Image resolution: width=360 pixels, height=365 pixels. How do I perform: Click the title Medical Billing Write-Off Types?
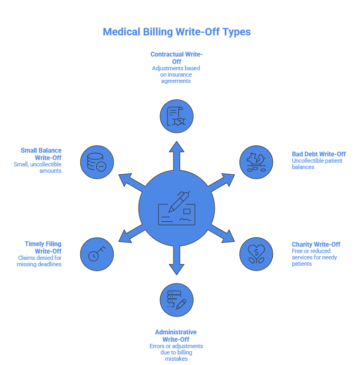(177, 32)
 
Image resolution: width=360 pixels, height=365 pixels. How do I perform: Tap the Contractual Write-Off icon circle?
(177, 116)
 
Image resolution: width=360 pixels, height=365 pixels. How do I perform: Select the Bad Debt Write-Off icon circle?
(256, 162)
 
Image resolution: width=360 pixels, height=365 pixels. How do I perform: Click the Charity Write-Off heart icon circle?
(256, 254)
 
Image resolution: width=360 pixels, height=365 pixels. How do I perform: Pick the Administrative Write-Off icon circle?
(177, 300)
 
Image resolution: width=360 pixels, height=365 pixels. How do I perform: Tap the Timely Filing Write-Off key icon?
(97, 254)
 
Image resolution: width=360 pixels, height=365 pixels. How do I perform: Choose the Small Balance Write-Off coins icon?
(97, 162)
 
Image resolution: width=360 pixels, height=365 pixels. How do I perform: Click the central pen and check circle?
(177, 208)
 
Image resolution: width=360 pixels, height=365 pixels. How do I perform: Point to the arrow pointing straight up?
(177, 155)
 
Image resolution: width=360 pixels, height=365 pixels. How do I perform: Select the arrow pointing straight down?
(177, 261)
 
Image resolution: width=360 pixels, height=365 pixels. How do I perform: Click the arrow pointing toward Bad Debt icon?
(221, 182)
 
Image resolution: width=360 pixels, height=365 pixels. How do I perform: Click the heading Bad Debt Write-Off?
(319, 154)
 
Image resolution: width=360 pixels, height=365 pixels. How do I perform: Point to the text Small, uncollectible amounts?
(38, 168)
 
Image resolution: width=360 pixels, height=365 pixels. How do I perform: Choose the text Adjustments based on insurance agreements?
(176, 75)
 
